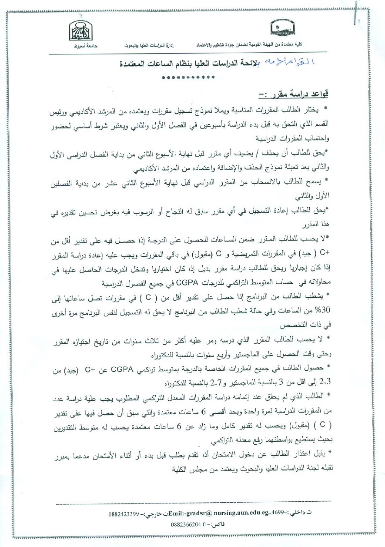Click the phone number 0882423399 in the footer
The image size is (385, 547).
[x=124, y=514]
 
